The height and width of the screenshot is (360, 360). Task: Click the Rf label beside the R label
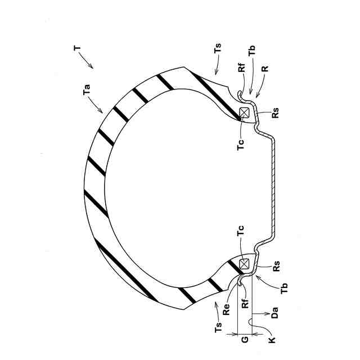[241, 70]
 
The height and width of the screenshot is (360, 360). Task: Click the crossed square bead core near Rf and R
[245, 112]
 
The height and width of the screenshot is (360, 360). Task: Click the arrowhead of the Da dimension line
[254, 314]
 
